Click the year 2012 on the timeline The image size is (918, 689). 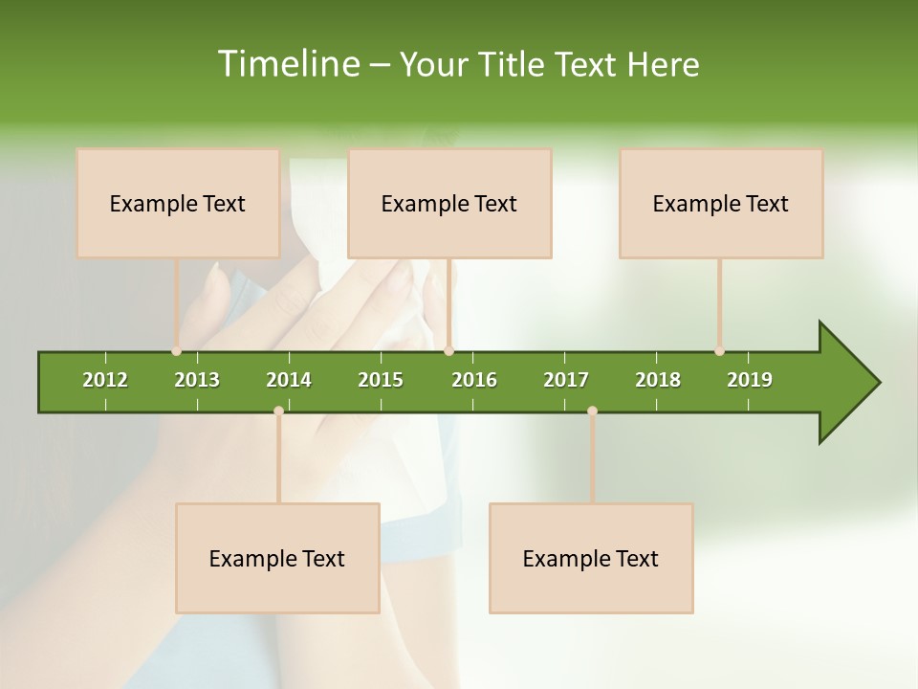[105, 380]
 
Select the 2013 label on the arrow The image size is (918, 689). [197, 380]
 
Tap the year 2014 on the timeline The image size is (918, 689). [289, 380]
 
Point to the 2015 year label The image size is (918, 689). [381, 380]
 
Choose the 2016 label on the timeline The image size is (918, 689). [474, 380]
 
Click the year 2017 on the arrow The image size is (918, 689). [566, 380]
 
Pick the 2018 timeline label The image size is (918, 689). [658, 380]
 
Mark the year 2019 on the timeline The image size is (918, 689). [750, 380]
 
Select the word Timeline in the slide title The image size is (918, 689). [287, 64]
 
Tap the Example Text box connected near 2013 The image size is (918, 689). [178, 203]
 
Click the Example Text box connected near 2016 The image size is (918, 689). [449, 203]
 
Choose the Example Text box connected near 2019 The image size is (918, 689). [721, 203]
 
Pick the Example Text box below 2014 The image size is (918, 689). [277, 558]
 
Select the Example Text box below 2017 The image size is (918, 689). [591, 558]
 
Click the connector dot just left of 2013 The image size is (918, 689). [177, 351]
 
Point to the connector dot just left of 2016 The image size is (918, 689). [449, 351]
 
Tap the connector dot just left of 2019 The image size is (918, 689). [720, 351]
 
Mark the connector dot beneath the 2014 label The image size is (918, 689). [278, 411]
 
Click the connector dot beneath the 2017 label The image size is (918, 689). [592, 411]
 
